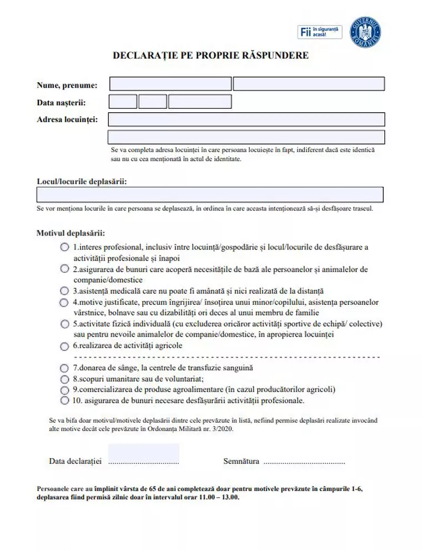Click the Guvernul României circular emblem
365,32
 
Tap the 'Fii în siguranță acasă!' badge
321,32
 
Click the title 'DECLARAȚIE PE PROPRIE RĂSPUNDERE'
210,56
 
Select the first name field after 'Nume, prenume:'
170,84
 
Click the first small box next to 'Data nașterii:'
123,102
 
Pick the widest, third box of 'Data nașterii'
200,102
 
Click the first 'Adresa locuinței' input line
246,119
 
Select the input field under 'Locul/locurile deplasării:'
209,194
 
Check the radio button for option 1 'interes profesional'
65,247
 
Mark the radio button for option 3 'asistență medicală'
65,290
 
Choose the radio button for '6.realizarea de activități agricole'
65,346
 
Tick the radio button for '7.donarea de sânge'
65,368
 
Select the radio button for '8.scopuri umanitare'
65,378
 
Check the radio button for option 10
65,400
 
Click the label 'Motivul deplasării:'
71,233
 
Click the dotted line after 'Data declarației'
143,462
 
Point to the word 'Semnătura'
241,461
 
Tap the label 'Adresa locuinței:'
67,119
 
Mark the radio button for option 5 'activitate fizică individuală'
65,324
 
